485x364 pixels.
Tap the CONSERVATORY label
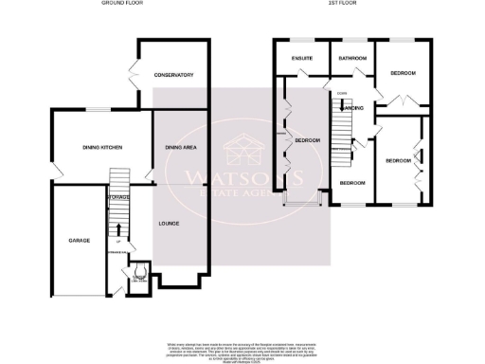click(x=174, y=75)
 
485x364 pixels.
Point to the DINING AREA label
click(x=180, y=148)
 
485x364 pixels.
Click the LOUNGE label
click(x=170, y=225)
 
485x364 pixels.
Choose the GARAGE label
click(x=79, y=241)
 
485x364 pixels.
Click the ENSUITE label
click(x=300, y=58)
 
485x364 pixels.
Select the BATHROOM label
click(x=352, y=58)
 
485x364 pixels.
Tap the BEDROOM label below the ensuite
click(x=307, y=140)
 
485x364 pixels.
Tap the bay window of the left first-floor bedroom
click(x=304, y=202)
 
